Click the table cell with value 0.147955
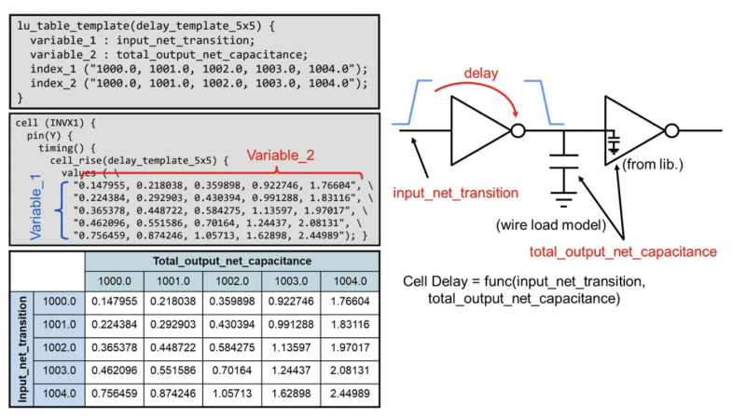point(116,301)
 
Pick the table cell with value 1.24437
point(290,371)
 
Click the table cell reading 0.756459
point(116,394)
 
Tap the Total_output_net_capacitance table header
point(231,260)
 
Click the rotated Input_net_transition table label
point(20,346)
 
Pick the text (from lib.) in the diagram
point(657,165)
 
